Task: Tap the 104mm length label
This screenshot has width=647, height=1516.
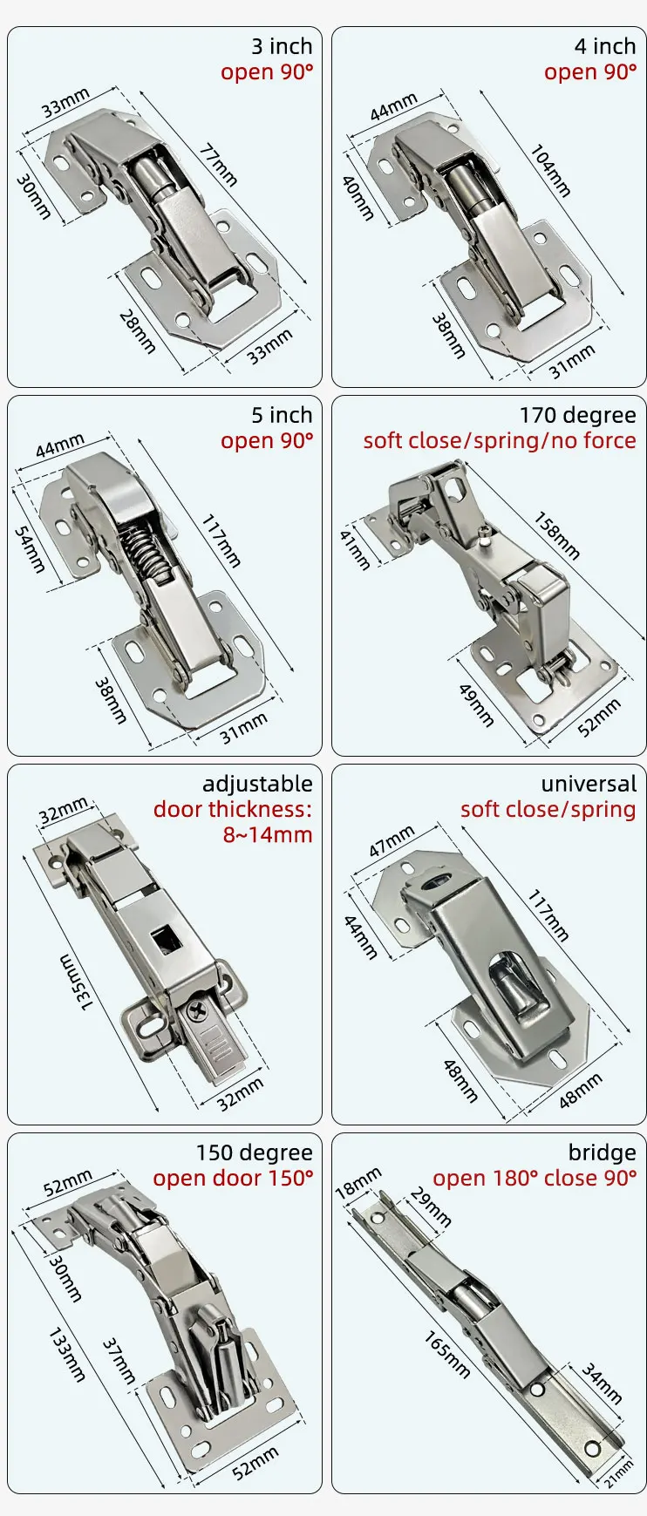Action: [x=550, y=170]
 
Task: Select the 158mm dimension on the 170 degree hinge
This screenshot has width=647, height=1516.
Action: [x=556, y=535]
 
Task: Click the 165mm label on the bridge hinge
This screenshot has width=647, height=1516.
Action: [x=447, y=1354]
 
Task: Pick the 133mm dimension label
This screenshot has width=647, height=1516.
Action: [x=66, y=1354]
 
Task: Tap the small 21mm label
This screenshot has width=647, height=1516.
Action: [x=620, y=1474]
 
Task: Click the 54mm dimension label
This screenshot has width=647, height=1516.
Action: [x=31, y=548]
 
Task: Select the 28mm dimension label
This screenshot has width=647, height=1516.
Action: [x=138, y=330]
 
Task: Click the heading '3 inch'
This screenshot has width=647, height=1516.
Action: [x=281, y=46]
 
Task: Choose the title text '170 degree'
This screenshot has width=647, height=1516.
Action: [x=577, y=415]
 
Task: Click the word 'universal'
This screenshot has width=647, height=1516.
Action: [x=589, y=784]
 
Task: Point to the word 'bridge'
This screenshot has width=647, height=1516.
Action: [x=602, y=1152]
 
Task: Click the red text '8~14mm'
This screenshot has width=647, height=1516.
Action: [x=267, y=834]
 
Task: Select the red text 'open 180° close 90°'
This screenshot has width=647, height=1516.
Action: [x=535, y=1178]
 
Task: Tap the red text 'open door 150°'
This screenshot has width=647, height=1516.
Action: [x=233, y=1178]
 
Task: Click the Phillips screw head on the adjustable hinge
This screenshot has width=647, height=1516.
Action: [x=198, y=1014]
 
